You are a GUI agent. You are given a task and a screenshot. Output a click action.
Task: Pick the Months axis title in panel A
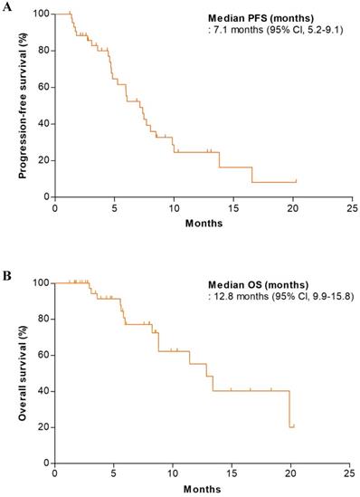coord(201,222)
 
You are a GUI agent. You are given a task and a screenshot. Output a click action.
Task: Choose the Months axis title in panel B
coord(201,490)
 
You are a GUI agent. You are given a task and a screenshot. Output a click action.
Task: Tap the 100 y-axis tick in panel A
coord(40,14)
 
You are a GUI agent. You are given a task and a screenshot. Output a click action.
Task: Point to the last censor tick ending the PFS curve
coord(295,181)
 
